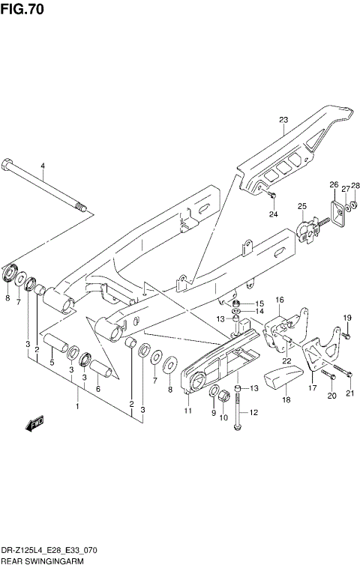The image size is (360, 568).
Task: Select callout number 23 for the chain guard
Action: click(283, 120)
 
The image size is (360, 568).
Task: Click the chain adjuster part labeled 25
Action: click(306, 229)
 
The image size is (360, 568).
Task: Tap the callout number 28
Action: click(355, 185)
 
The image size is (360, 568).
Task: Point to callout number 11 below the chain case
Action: click(187, 411)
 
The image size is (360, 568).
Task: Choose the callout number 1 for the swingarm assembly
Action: click(76, 406)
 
